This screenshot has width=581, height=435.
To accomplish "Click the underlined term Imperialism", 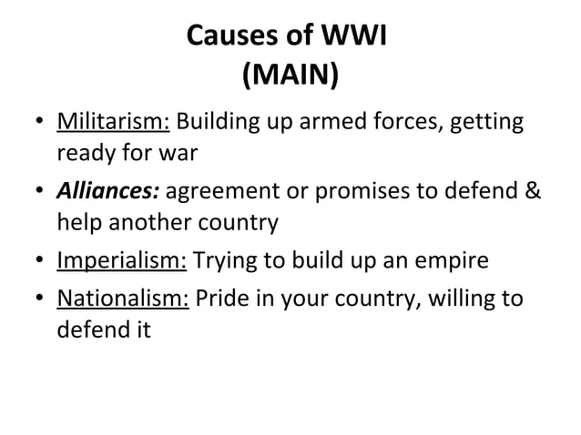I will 122,263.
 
